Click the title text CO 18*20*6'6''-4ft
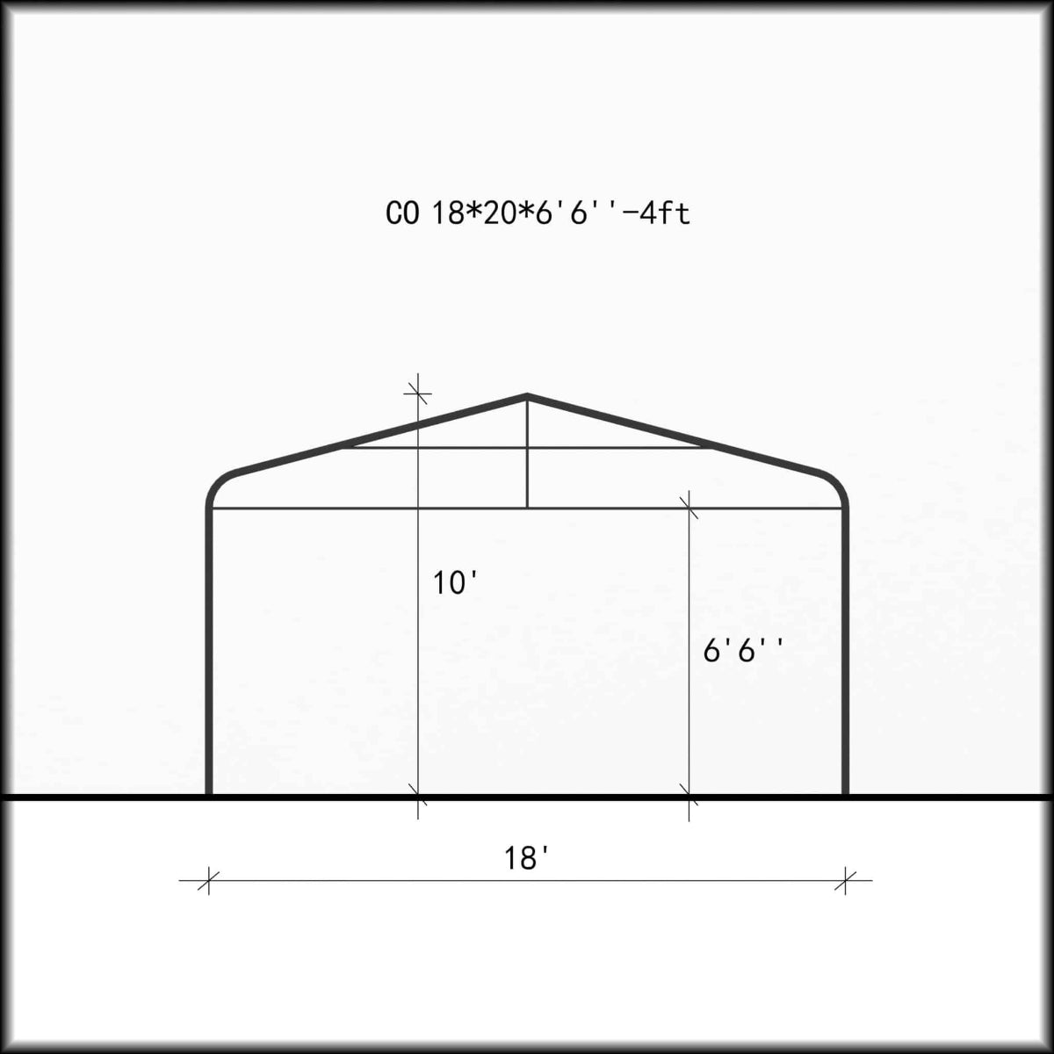pyautogui.click(x=538, y=213)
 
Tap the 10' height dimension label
pyautogui.click(x=455, y=582)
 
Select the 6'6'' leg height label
pyautogui.click(x=743, y=651)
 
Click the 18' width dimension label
pyautogui.click(x=527, y=858)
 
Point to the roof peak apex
pyautogui.click(x=527, y=396)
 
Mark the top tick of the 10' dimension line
pyautogui.click(x=418, y=390)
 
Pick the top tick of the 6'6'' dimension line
pyautogui.click(x=689, y=507)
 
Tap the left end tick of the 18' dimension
pyautogui.click(x=208, y=880)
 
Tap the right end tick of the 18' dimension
pyautogui.click(x=845, y=880)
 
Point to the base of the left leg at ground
pyautogui.click(x=209, y=794)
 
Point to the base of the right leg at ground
pyautogui.click(x=845, y=794)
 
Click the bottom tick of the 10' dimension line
pyautogui.click(x=418, y=799)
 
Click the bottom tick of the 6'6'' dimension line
pyautogui.click(x=689, y=799)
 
